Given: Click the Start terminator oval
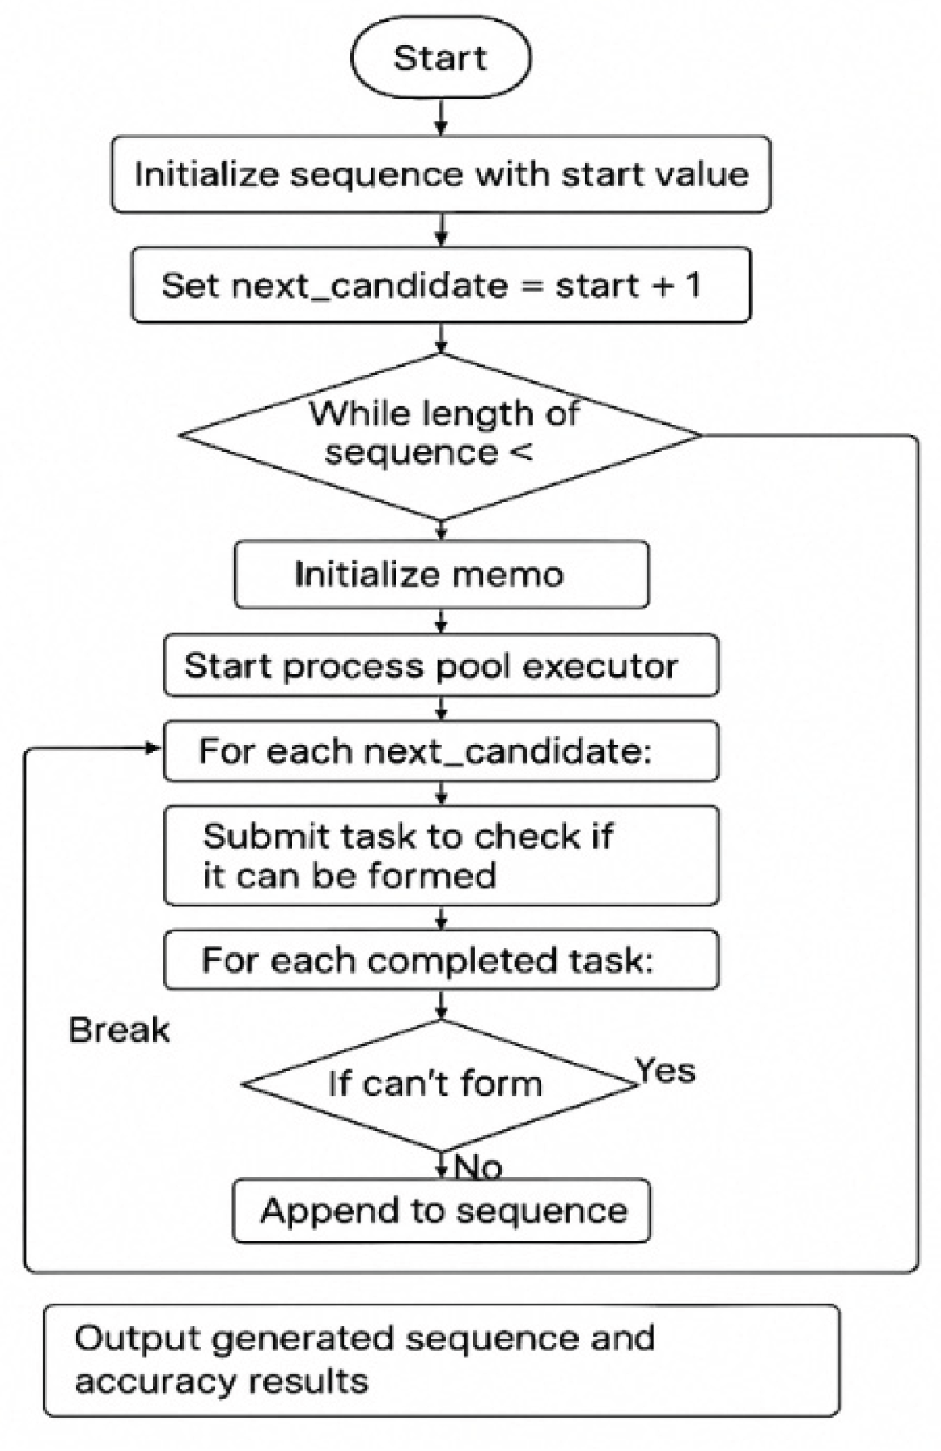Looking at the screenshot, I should point(441,58).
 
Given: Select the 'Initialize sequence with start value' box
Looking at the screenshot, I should point(441,175).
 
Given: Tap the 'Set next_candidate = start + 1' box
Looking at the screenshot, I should point(441,286).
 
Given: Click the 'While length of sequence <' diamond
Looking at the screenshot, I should point(441,435).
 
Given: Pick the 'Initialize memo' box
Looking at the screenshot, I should point(441,575).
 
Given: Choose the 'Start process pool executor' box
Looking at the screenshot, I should point(441,666).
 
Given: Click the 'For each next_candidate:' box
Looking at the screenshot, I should point(441,752).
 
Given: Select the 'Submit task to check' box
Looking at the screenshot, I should point(441,855).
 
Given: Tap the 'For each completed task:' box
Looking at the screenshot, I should point(441,961).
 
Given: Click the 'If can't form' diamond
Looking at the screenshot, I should point(437,1084).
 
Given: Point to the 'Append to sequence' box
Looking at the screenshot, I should point(442,1211).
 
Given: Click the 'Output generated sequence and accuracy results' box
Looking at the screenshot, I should point(441,1360).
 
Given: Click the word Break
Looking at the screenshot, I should point(120,1030).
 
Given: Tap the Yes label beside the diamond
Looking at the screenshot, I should point(666,1071).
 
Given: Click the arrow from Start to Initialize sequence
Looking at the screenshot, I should point(441,117).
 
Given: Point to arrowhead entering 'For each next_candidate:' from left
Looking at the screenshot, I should point(154,749).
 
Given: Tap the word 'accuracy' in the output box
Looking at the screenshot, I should point(154,1381).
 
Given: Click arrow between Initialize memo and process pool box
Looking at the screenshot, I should point(441,621).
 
